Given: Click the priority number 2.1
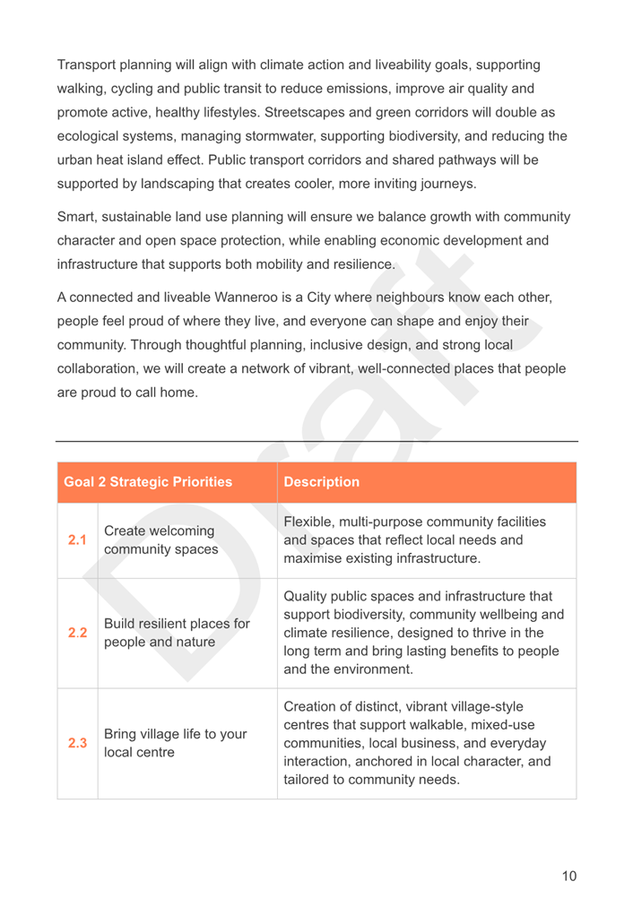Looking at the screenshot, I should pos(75,539).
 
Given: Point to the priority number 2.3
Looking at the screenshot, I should pos(75,743).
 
